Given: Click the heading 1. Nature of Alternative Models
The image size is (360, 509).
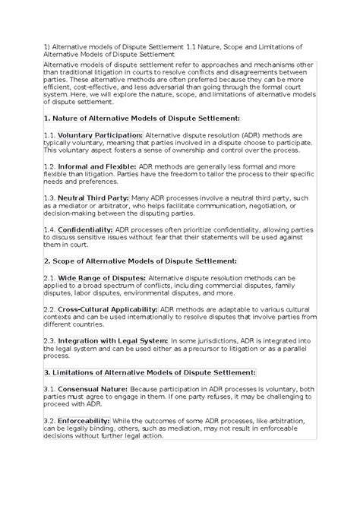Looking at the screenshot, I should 142,118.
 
